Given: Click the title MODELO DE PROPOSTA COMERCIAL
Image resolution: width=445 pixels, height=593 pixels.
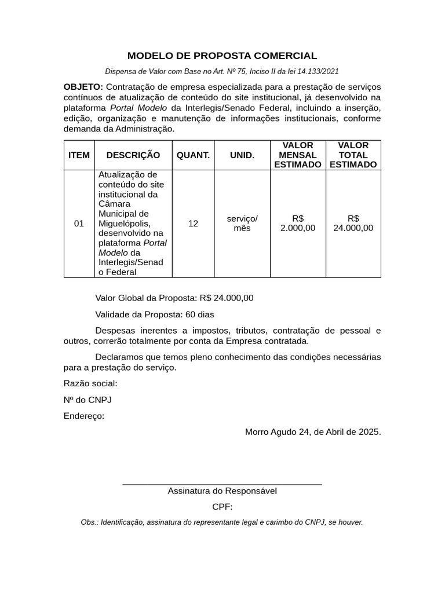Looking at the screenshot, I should pyautogui.click(x=222, y=56).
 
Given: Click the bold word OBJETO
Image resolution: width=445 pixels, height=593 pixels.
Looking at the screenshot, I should pyautogui.click(x=82, y=87).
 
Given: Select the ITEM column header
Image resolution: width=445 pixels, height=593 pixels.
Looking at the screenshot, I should pyautogui.click(x=79, y=155).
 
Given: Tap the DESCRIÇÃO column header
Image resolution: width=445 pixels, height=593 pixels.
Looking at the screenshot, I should pyautogui.click(x=133, y=155).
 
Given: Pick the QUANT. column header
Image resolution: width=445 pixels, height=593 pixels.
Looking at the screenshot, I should pyautogui.click(x=193, y=155).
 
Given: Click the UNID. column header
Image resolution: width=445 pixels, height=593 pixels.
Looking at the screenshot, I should pyautogui.click(x=242, y=155).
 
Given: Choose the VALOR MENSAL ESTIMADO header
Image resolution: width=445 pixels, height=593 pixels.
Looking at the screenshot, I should pyautogui.click(x=297, y=155).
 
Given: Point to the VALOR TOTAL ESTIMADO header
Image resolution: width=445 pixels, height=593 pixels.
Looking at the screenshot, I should pyautogui.click(x=353, y=155).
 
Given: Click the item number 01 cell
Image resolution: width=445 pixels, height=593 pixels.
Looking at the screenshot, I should pyautogui.click(x=79, y=224).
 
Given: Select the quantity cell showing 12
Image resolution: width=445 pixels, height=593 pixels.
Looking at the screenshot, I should pyautogui.click(x=193, y=224).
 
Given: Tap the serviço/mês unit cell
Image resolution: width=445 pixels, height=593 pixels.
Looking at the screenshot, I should pyautogui.click(x=242, y=223).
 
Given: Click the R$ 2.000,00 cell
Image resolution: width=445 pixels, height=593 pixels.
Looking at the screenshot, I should pyautogui.click(x=297, y=223).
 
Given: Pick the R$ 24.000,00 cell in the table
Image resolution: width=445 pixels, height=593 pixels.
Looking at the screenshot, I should pyautogui.click(x=353, y=223).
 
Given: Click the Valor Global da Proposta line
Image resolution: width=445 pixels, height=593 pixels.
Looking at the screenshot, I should pyautogui.click(x=174, y=298).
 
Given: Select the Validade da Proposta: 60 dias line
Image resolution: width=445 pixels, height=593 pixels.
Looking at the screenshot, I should pyautogui.click(x=154, y=314).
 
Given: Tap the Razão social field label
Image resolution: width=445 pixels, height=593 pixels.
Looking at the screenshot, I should pyautogui.click(x=90, y=383).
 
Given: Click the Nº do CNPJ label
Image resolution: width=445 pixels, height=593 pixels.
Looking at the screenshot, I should pyautogui.click(x=87, y=400).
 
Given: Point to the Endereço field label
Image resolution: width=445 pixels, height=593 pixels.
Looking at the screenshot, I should pyautogui.click(x=84, y=416).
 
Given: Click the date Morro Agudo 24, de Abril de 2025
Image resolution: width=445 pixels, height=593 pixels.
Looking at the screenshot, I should pyautogui.click(x=313, y=432).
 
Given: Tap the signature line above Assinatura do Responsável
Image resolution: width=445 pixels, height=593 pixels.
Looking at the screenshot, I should pyautogui.click(x=222, y=484).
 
